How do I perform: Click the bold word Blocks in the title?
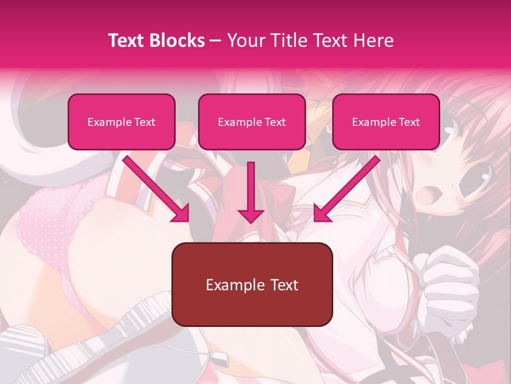pos(177,41)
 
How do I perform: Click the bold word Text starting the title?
pos(127,41)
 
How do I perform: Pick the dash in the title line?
pos(216,41)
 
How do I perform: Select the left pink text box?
pos(121,122)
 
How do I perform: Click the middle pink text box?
pos(252,122)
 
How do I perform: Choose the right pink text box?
pos(386,122)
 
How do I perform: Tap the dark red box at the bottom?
pos(252,284)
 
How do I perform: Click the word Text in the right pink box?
pos(409,122)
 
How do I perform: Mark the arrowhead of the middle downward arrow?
pos(251,214)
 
